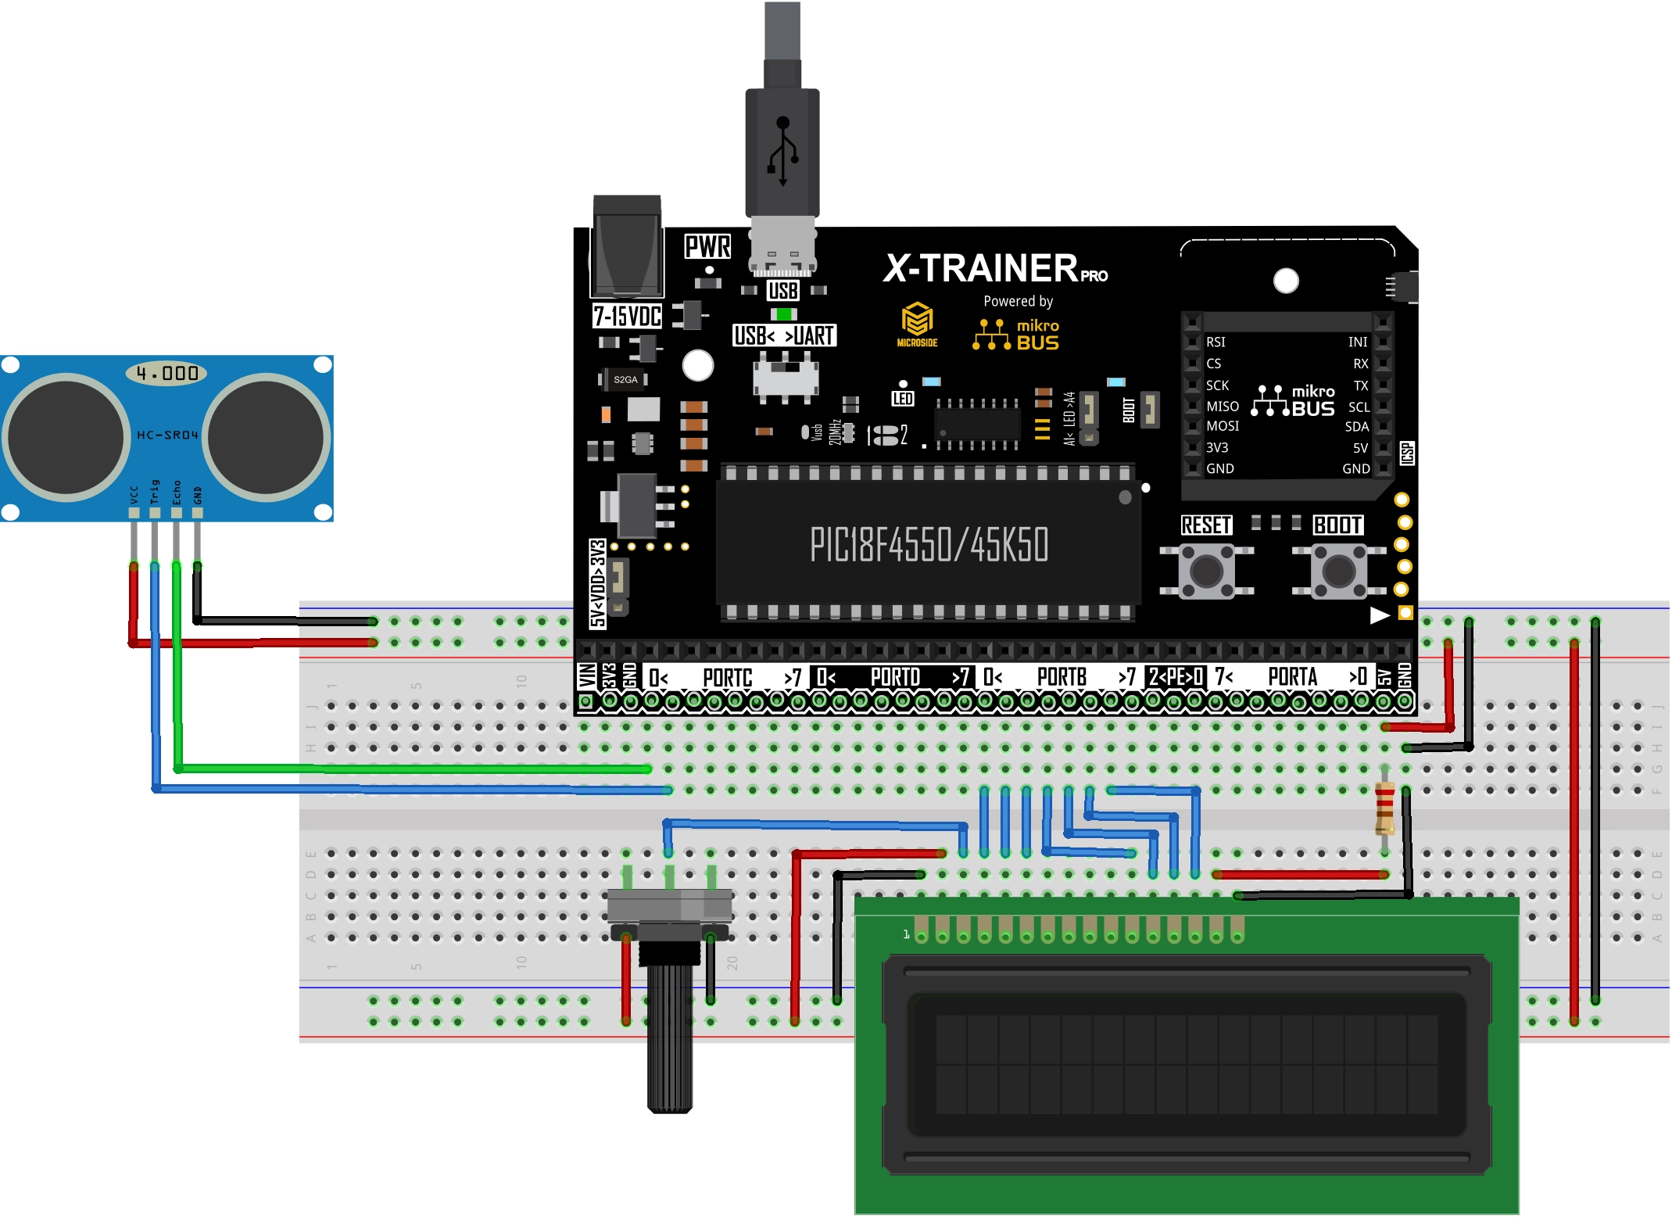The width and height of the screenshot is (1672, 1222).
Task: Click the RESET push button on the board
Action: [1206, 572]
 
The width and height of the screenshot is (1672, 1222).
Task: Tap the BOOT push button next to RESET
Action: [1338, 572]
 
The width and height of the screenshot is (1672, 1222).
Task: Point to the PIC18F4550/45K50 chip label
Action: [929, 544]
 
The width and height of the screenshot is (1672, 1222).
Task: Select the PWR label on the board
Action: [707, 246]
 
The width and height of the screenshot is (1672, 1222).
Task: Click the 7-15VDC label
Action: [627, 316]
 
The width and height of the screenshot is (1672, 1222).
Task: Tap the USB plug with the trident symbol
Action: [782, 152]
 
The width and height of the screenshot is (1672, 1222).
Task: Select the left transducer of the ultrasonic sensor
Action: [66, 437]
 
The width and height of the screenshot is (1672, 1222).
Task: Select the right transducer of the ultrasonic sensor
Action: [266, 437]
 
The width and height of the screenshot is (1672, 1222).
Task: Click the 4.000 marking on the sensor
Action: [166, 373]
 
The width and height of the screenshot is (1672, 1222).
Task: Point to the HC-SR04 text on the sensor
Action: [167, 435]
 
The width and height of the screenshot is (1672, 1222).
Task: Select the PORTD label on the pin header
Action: [895, 677]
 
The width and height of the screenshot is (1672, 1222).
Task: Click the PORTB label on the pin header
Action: [1062, 677]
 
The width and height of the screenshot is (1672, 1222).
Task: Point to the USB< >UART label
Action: [784, 335]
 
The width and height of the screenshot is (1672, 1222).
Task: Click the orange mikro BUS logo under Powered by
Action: [1016, 335]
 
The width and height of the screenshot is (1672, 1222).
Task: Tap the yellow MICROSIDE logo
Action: [917, 324]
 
